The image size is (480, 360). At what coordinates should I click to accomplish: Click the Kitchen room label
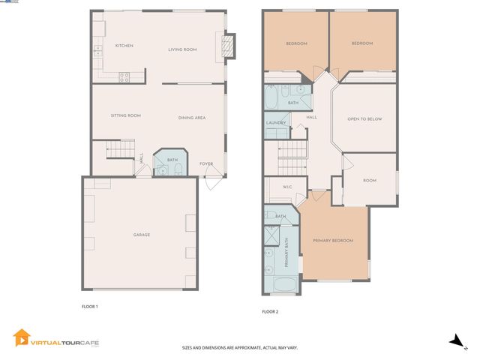(x=124, y=46)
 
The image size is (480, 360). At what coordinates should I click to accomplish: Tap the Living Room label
(x=182, y=49)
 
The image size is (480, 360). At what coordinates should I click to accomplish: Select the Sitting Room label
(x=125, y=115)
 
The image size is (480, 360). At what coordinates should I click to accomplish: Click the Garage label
(x=142, y=235)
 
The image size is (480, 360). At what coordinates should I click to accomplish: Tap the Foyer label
(x=205, y=163)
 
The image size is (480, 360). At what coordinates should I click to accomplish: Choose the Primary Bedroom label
(x=333, y=240)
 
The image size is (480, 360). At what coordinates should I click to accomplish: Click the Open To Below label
(x=364, y=118)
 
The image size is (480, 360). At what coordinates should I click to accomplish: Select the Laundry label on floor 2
(x=274, y=123)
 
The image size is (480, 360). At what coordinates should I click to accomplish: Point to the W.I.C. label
(x=287, y=187)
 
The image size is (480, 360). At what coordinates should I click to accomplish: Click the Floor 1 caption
(x=90, y=306)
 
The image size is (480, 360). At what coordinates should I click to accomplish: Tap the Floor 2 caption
(x=270, y=311)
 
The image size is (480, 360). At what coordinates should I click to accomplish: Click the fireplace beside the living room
(x=229, y=46)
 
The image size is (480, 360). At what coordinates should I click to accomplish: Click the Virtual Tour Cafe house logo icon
(x=21, y=339)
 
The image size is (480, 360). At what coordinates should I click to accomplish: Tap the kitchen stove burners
(x=124, y=75)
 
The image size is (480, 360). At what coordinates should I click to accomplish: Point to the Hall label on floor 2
(x=312, y=117)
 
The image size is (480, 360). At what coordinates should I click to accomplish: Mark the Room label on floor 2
(x=370, y=181)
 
